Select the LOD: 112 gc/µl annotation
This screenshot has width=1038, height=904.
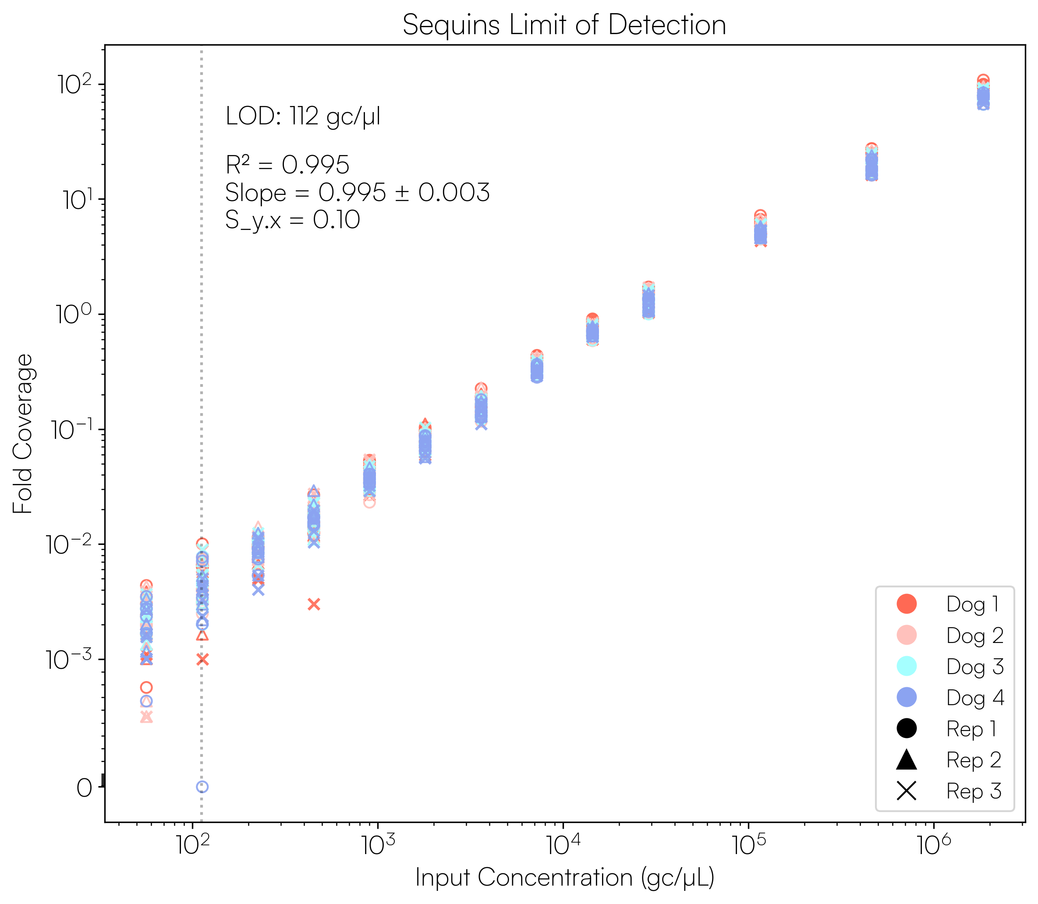click(x=303, y=117)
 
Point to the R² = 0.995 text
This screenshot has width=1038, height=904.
click(x=287, y=165)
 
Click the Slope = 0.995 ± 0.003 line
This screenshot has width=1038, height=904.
click(x=357, y=193)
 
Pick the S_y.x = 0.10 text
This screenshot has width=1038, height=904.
click(x=293, y=220)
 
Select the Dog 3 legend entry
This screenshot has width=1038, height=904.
click(x=974, y=667)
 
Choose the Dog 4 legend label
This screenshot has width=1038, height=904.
click(x=974, y=698)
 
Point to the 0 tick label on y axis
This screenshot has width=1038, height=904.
click(x=84, y=787)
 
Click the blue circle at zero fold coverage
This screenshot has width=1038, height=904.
click(x=202, y=787)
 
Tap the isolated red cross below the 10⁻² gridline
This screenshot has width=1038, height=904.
click(x=314, y=604)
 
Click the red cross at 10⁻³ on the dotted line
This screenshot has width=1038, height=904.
click(x=202, y=659)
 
